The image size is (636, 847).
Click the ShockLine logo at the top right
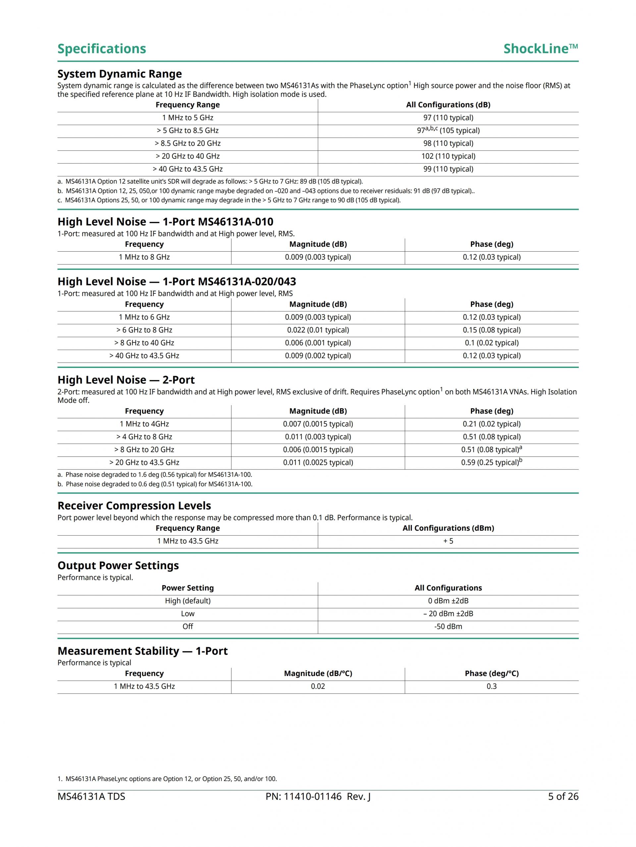[540, 49]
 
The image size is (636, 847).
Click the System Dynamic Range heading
[119, 74]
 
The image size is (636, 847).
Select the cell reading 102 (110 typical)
[448, 156]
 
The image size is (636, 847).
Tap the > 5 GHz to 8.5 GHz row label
[187, 131]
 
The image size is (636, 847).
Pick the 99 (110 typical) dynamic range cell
[448, 169]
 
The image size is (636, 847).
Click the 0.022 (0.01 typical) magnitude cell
[318, 330]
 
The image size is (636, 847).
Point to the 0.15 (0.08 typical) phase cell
[491, 330]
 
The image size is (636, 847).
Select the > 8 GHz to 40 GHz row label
[144, 343]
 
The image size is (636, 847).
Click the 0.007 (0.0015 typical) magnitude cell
[318, 424]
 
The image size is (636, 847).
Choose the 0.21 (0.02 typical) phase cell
[491, 424]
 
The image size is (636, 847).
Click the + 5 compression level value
[448, 541]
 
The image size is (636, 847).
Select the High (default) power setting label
[187, 601]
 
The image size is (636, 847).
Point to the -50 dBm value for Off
[448, 627]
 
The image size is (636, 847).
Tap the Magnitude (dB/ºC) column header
[318, 674]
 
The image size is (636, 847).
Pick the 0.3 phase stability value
[491, 686]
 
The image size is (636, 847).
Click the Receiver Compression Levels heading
[134, 506]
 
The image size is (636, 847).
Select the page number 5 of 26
[563, 797]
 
